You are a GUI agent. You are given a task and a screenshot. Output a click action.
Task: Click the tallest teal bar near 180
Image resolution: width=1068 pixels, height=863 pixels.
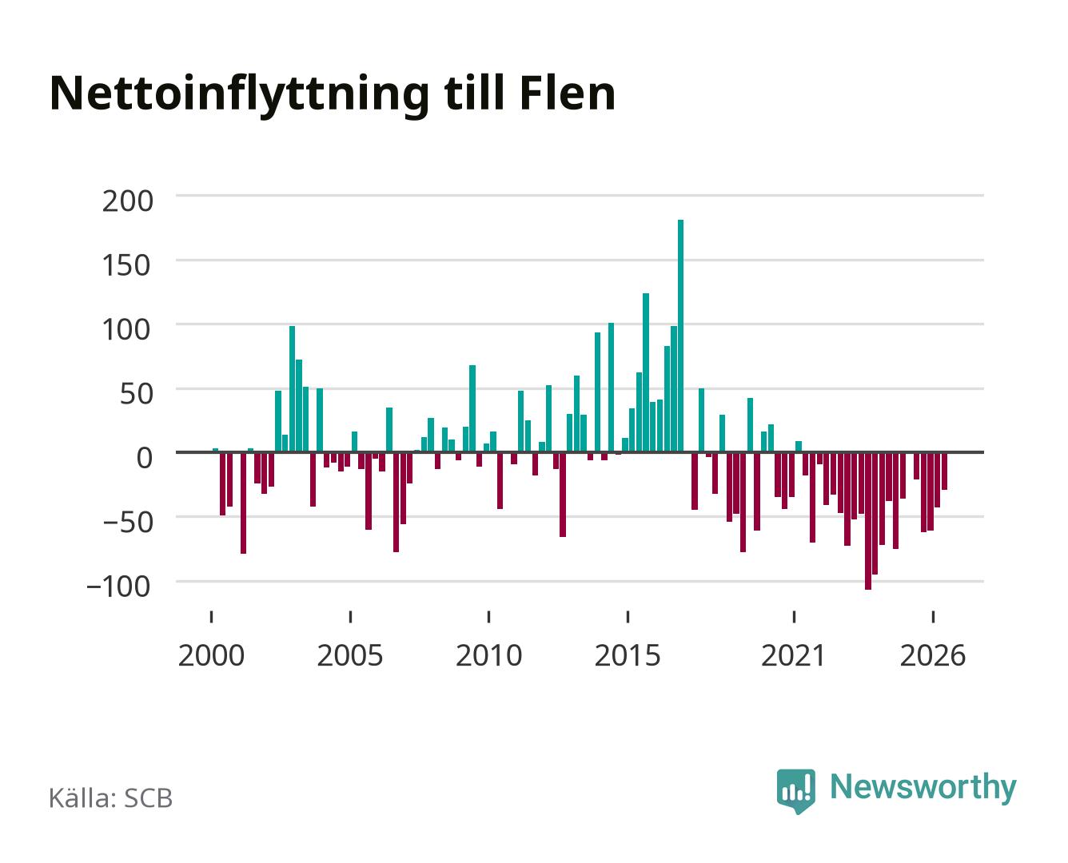680,336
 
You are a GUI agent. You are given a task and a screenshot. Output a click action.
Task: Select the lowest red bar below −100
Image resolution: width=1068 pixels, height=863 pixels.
868,521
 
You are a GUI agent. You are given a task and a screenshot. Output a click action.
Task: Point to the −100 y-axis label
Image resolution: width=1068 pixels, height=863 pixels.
119,587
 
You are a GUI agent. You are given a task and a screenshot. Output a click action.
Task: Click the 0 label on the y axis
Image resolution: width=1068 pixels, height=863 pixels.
145,458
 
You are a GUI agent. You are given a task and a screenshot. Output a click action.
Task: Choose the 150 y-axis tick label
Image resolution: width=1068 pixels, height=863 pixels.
126,265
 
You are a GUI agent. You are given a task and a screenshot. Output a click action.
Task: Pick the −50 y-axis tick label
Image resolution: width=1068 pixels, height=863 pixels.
128,523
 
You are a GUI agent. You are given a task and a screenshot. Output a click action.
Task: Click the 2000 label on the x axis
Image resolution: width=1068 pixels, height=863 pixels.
211,656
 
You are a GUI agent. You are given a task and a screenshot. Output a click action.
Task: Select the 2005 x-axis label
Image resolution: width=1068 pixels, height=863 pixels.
350,656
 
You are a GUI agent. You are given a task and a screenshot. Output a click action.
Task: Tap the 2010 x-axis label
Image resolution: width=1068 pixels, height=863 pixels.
489,656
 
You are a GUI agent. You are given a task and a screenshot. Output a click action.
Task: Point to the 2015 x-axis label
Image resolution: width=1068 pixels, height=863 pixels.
628,656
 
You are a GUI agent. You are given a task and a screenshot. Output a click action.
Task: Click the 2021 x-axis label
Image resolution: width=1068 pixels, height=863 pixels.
793,656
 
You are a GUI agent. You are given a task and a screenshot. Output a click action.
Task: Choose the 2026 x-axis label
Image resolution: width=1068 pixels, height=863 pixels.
933,656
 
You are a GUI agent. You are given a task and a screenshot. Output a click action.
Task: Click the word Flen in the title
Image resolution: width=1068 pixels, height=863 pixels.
568,93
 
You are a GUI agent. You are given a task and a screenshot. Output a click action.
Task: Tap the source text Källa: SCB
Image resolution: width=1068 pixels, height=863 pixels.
111,798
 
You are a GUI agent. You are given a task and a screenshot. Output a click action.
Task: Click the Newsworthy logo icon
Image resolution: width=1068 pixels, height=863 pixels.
795,791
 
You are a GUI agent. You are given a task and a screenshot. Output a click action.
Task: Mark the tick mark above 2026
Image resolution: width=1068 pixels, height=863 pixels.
933,617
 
